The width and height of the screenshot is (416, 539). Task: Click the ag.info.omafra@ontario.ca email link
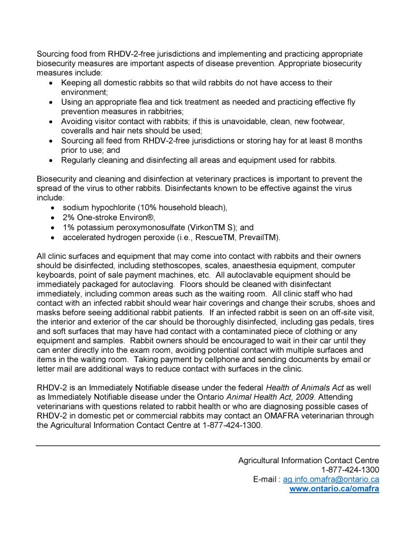331,479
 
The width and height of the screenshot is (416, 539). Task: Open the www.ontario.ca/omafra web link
334,489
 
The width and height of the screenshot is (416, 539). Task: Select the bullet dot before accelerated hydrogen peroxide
51,237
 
